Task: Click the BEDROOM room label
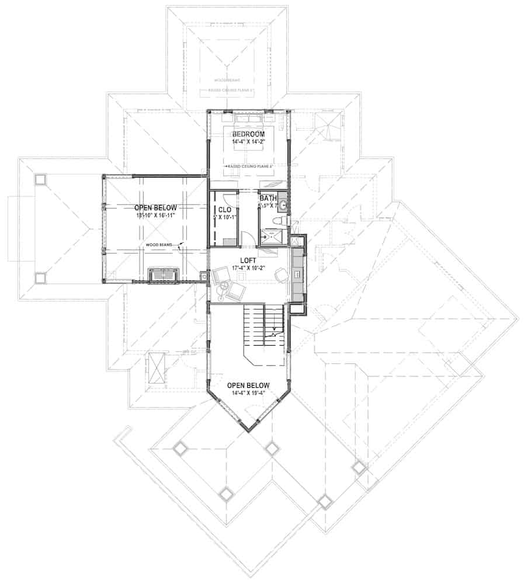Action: [248, 134]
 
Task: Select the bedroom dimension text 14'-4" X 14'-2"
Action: [248, 141]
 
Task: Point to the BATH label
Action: [268, 199]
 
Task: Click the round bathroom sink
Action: [283, 205]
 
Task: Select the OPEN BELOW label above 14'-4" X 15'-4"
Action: [248, 385]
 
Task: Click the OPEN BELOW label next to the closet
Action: [155, 208]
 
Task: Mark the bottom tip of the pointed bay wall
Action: [250, 431]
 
